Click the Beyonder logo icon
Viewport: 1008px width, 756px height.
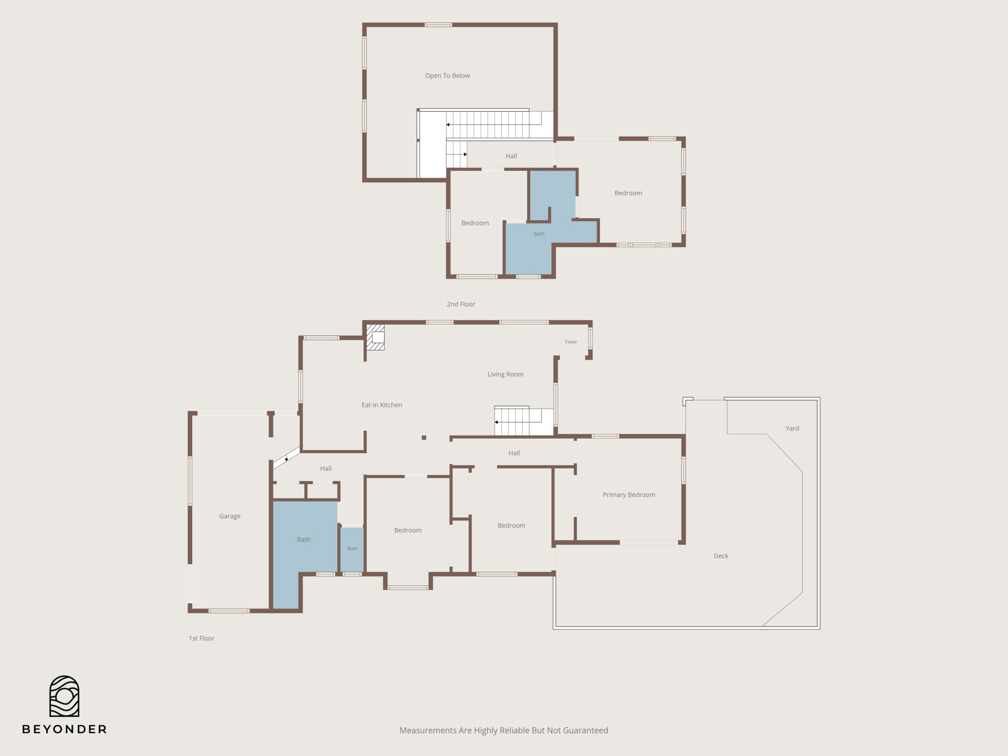pyautogui.click(x=64, y=696)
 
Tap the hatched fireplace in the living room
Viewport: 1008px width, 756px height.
pyautogui.click(x=376, y=337)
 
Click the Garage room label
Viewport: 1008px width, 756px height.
pyautogui.click(x=230, y=516)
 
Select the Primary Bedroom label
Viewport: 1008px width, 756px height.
pyautogui.click(x=629, y=495)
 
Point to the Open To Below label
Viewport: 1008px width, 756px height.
pyautogui.click(x=447, y=76)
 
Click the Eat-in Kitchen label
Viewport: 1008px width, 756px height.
pyautogui.click(x=382, y=405)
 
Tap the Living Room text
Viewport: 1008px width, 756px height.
pyautogui.click(x=505, y=374)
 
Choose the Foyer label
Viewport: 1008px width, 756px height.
pyautogui.click(x=571, y=342)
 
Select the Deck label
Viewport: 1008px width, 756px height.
pyautogui.click(x=721, y=556)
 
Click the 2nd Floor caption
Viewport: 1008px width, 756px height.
pyautogui.click(x=461, y=304)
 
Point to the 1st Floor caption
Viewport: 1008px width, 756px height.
pyautogui.click(x=202, y=638)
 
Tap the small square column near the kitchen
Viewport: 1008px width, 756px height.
pyautogui.click(x=424, y=437)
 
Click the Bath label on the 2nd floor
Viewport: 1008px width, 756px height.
pyautogui.click(x=539, y=234)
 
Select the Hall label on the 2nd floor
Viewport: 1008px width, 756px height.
pyautogui.click(x=511, y=156)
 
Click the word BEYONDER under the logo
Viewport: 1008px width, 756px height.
pyautogui.click(x=64, y=730)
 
